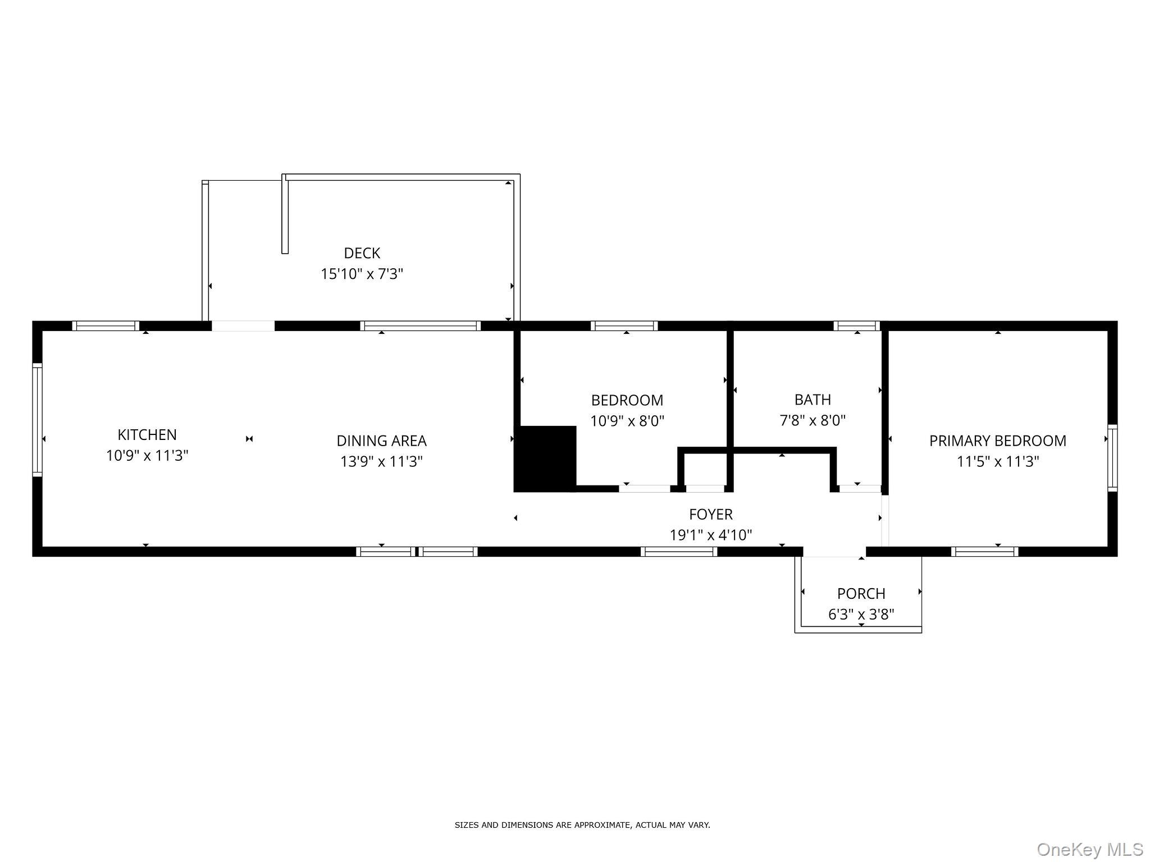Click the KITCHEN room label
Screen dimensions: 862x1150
pos(147,434)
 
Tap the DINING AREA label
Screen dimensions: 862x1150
pos(381,441)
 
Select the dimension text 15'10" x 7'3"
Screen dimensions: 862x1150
pos(362,274)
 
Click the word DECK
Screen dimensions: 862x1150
pos(362,253)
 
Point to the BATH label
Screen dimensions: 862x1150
pos(812,400)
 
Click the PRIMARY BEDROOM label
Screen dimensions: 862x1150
pos(997,441)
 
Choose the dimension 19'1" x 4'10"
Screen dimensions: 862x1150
pos(710,535)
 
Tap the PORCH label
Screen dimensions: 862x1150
pos(861,593)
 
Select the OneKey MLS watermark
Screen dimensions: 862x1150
pos(1090,849)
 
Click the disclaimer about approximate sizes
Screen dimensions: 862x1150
pos(582,825)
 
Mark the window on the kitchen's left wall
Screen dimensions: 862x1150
pos(37,420)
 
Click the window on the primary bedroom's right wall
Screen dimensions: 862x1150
pos(1112,458)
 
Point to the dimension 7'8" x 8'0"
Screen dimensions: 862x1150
pos(812,420)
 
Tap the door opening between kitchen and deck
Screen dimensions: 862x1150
pos(243,326)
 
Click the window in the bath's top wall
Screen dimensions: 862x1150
pos(856,325)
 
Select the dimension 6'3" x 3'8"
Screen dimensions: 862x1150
pos(861,614)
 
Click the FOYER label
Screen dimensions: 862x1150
pos(710,514)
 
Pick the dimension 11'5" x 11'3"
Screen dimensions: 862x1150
pos(997,461)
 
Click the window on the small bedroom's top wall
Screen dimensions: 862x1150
pos(623,325)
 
